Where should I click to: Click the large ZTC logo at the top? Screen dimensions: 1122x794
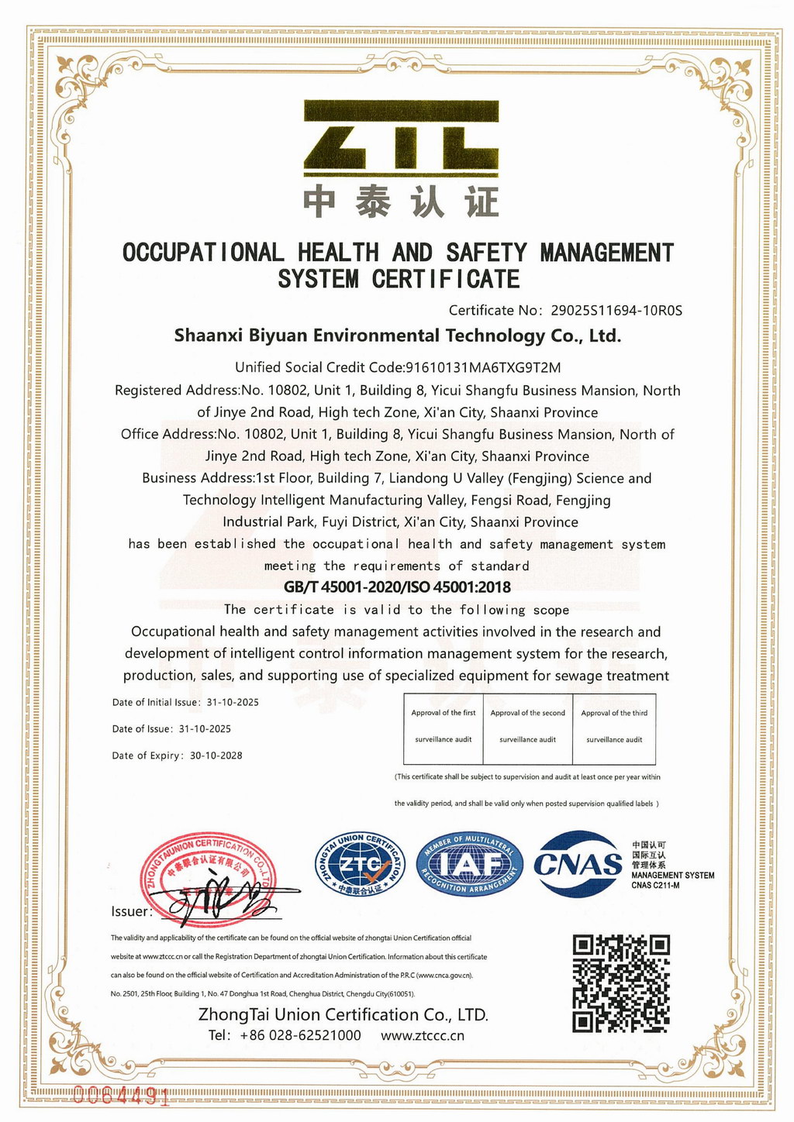click(x=399, y=137)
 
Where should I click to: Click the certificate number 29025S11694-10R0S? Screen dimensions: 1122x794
click(x=616, y=311)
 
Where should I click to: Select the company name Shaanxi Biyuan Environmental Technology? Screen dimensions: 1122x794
click(x=397, y=336)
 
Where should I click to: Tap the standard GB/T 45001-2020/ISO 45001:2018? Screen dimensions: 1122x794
click(x=397, y=587)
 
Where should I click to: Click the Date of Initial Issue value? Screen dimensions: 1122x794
click(x=233, y=703)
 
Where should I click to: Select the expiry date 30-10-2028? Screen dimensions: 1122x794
click(x=216, y=755)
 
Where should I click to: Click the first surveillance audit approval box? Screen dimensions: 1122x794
click(x=444, y=727)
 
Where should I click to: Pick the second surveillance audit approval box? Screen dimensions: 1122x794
click(x=528, y=727)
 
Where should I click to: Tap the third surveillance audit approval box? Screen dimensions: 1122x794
click(x=614, y=727)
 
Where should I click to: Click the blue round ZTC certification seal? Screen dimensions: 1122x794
click(x=360, y=865)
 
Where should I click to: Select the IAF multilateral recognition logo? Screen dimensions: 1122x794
click(x=470, y=865)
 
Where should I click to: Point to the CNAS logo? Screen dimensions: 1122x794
click(x=578, y=863)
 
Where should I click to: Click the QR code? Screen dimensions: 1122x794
click(x=620, y=983)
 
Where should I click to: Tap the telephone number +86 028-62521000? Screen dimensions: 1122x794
click(x=300, y=1036)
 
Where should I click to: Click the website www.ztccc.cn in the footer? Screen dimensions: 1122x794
click(x=423, y=1036)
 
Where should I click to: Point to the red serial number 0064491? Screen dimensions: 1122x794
click(x=120, y=1095)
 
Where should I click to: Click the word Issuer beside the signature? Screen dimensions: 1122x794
click(x=130, y=911)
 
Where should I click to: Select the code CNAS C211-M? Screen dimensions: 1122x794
click(x=655, y=886)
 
